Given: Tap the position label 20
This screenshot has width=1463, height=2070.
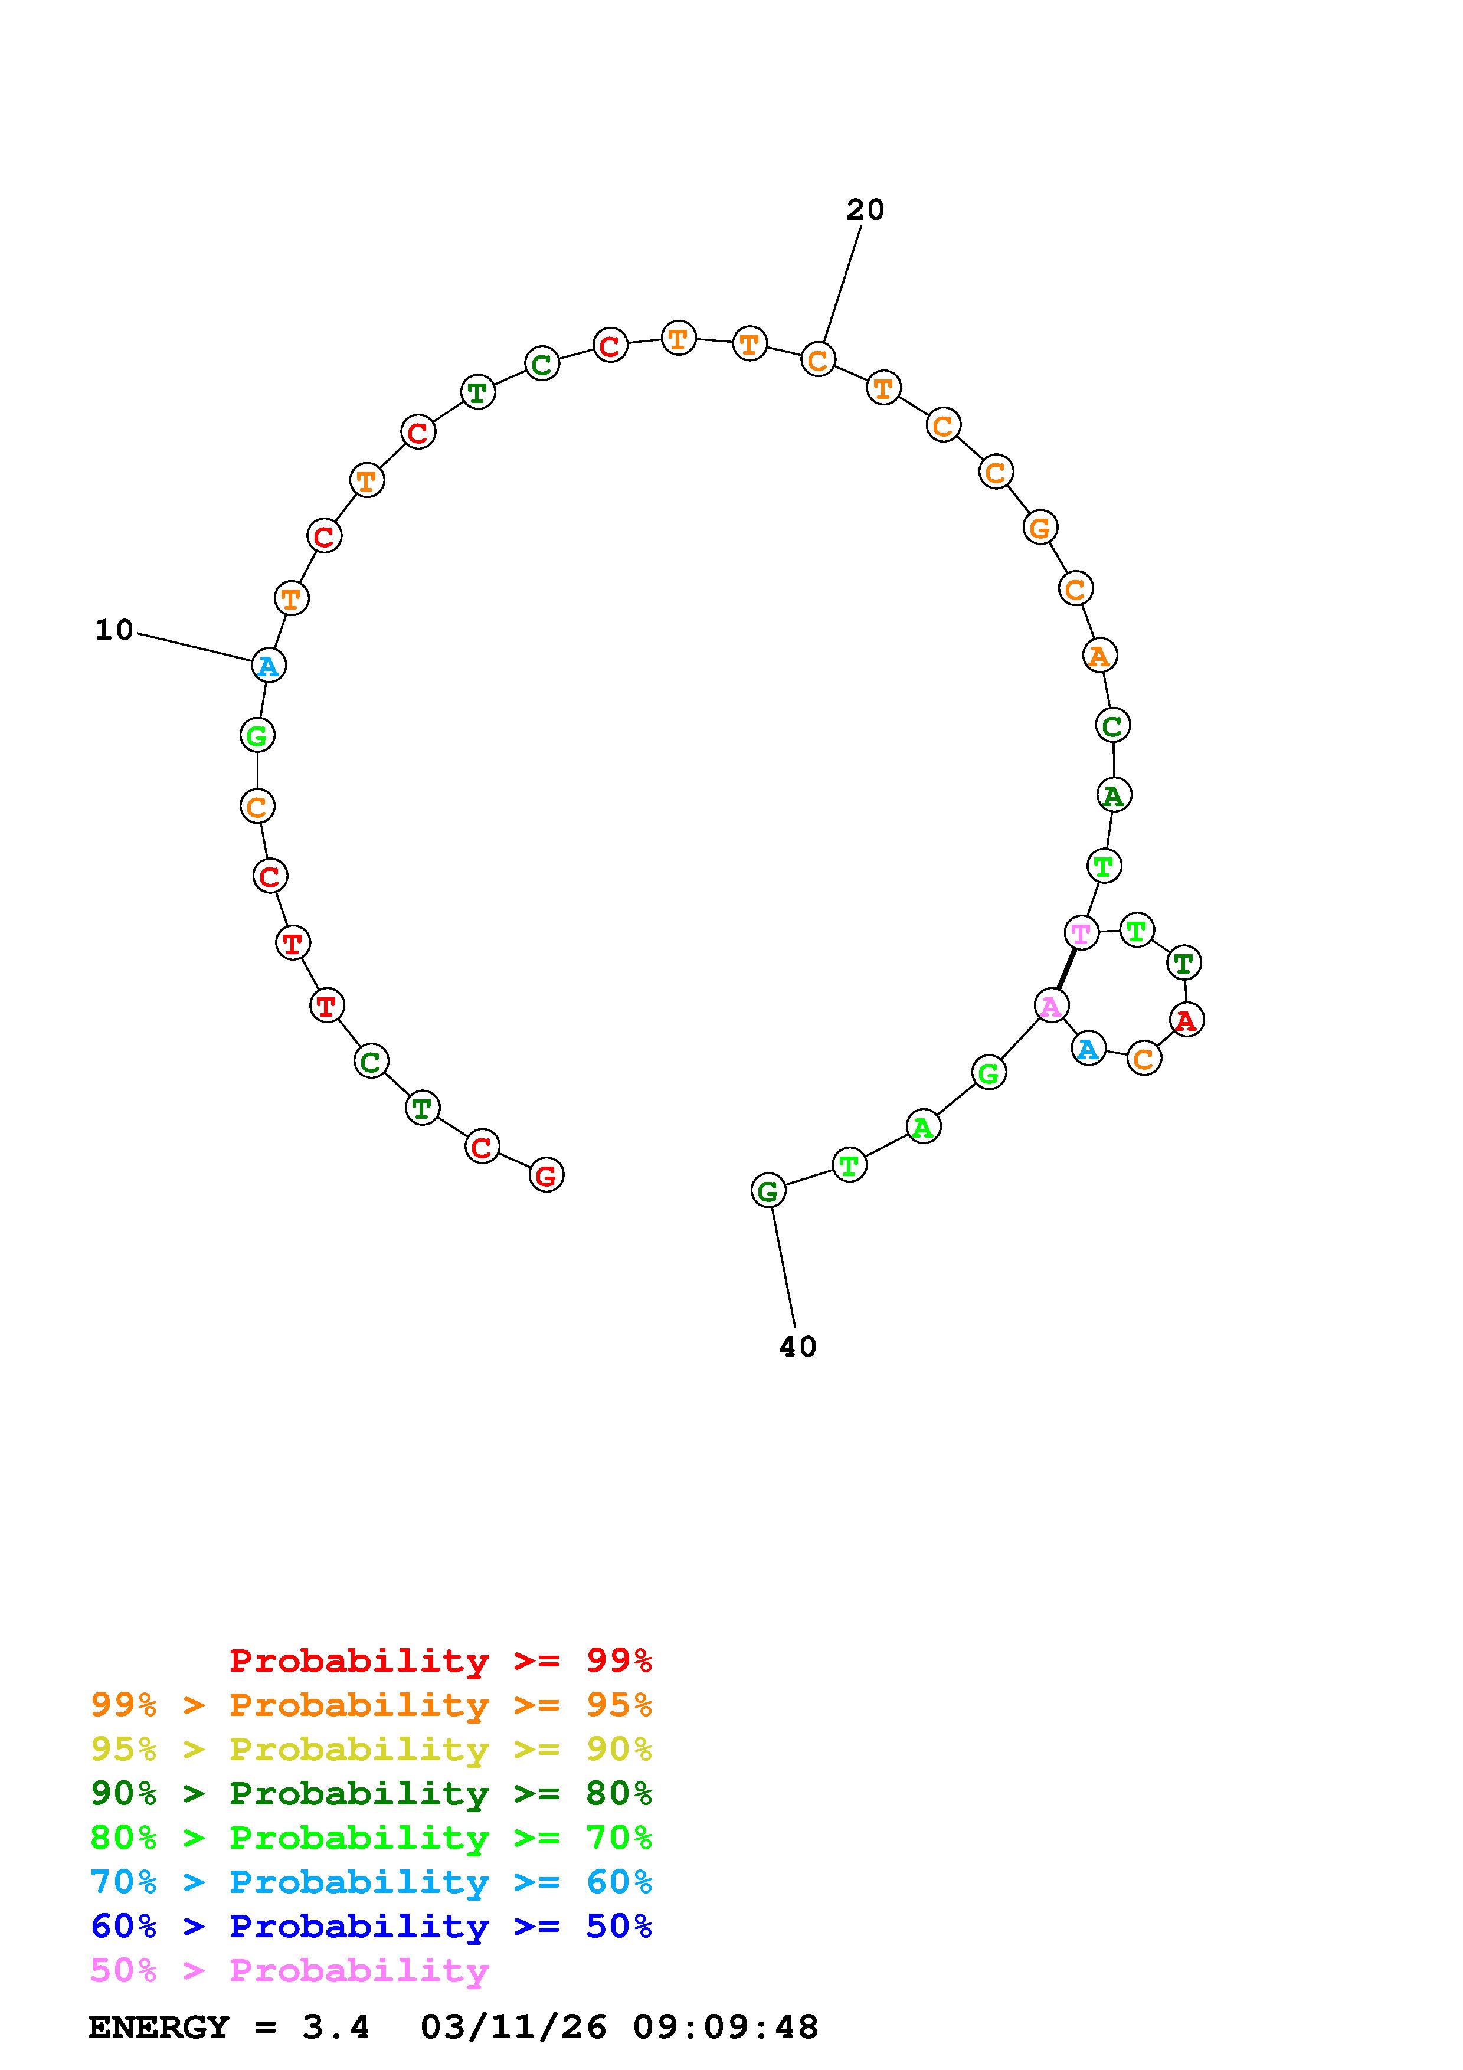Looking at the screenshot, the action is [x=865, y=210].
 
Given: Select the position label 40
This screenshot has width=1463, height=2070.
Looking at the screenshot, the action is [x=798, y=1347].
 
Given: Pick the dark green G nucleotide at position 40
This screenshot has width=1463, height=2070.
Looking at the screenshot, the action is [x=768, y=1191].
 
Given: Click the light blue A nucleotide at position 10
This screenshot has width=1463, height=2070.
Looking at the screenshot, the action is [x=269, y=666].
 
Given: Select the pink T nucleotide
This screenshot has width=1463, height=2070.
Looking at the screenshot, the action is [x=1081, y=932].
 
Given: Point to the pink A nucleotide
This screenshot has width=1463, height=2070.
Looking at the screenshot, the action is [x=1051, y=1005].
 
